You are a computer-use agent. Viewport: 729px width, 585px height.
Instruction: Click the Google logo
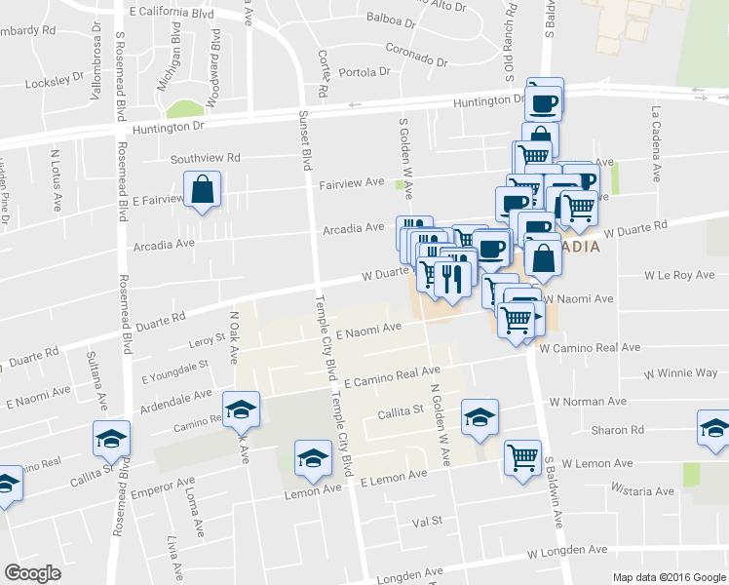[x=33, y=574]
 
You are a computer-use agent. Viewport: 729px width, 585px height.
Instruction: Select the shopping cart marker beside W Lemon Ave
[x=523, y=458]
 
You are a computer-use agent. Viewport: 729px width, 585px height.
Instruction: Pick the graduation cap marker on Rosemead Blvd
[x=112, y=439]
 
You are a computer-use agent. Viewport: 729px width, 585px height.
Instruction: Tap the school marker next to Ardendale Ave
[x=241, y=409]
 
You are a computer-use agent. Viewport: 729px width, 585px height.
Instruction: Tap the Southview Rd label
[x=205, y=158]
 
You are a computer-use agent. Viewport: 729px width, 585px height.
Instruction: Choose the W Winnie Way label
[x=680, y=373]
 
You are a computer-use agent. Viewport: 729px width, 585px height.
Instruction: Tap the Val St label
[x=428, y=522]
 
